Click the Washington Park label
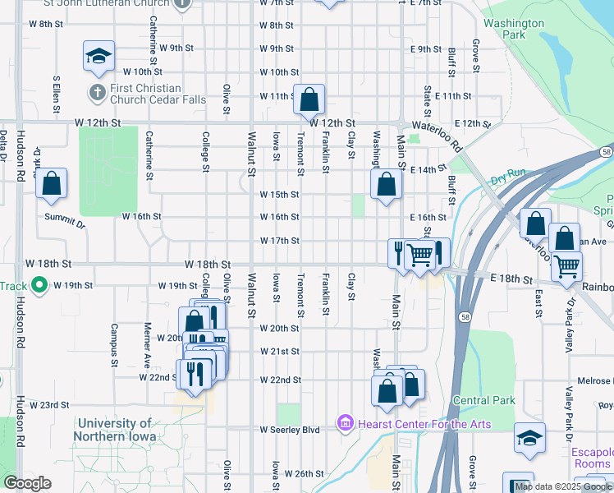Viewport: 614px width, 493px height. [x=514, y=30]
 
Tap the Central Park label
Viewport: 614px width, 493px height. [x=483, y=401]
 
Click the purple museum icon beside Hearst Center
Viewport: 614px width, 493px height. [x=345, y=424]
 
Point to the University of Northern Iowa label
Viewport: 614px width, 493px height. [x=124, y=430]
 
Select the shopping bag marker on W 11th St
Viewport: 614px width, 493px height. [x=309, y=100]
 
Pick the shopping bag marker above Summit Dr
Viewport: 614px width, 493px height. [x=51, y=184]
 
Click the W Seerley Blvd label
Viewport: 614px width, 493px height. [x=289, y=430]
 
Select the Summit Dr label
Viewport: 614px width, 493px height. [x=66, y=222]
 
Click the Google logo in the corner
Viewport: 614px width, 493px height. [x=27, y=483]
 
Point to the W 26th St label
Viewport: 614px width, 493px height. [x=304, y=474]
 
